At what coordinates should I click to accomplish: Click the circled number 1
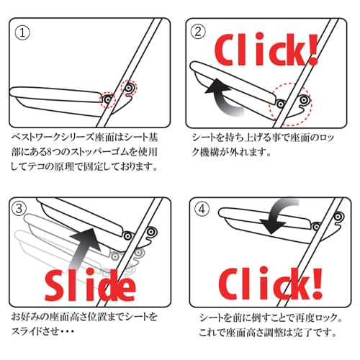(22, 33)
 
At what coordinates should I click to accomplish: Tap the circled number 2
(198, 32)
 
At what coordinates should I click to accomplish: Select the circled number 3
(19, 208)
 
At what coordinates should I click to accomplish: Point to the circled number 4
(202, 209)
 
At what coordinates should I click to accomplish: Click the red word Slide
(90, 285)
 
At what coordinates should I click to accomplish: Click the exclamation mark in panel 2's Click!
(312, 50)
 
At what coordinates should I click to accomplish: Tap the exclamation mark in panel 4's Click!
(317, 284)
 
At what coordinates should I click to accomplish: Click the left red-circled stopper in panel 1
(107, 99)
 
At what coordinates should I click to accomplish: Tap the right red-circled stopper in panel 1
(129, 88)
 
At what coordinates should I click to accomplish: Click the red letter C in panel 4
(230, 285)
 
